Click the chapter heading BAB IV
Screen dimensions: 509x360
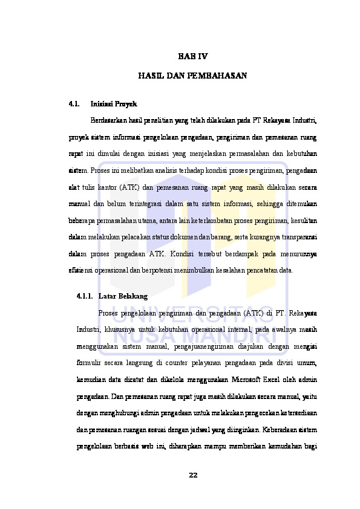tap(192, 57)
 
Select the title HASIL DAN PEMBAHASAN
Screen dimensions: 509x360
tap(192, 77)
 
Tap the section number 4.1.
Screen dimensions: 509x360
tap(75, 104)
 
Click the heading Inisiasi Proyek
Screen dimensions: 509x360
tap(117, 104)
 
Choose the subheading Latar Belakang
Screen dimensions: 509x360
tap(123, 297)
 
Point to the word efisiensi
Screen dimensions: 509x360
tap(82, 271)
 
